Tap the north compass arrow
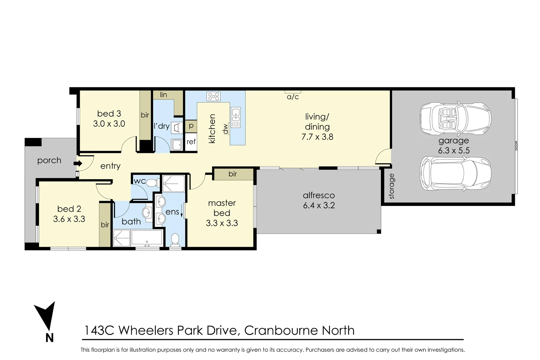[45, 318]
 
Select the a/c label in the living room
[293, 97]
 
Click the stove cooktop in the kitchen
[213, 96]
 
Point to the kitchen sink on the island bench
[236, 114]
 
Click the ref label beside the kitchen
[191, 142]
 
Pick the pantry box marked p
[191, 126]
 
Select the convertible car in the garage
[455, 118]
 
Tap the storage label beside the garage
[392, 186]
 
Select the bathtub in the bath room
[147, 238]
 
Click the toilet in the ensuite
[175, 239]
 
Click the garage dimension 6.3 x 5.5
[454, 150]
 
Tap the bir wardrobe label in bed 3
[145, 115]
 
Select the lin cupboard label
[163, 95]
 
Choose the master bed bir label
[233, 174]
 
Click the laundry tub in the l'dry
[177, 145]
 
